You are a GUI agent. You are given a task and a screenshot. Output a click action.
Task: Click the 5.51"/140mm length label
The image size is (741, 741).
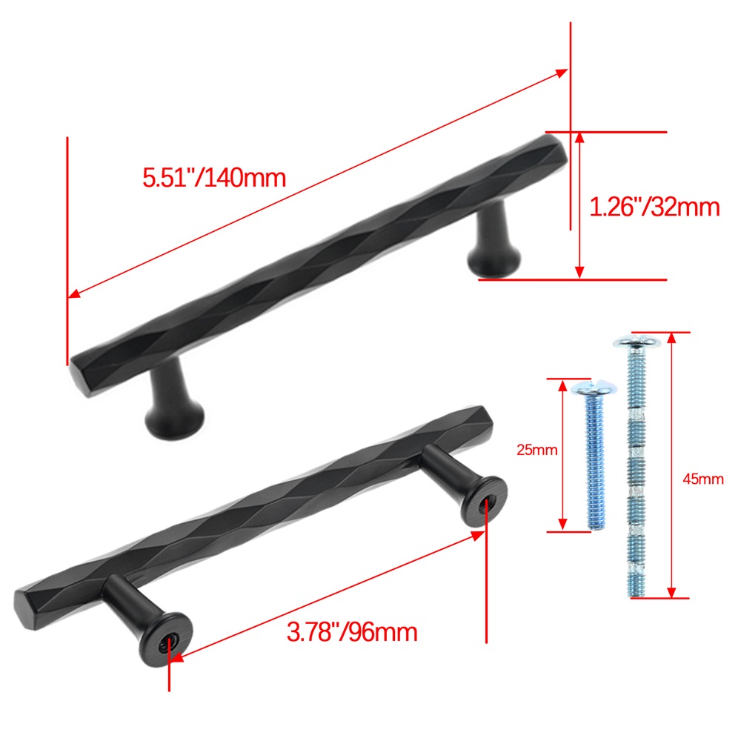tap(214, 178)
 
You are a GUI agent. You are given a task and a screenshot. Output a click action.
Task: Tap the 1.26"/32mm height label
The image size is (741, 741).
tap(654, 207)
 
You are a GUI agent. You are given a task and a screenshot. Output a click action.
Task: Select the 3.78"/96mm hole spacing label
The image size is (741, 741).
tap(352, 632)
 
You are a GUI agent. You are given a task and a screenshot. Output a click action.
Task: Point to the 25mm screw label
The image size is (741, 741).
tap(536, 450)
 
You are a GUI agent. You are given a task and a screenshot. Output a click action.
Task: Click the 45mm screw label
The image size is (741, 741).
tap(702, 479)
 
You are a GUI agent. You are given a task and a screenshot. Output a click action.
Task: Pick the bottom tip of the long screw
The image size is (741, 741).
tap(637, 596)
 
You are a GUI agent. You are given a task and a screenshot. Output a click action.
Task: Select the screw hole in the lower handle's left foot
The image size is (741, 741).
tap(168, 642)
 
